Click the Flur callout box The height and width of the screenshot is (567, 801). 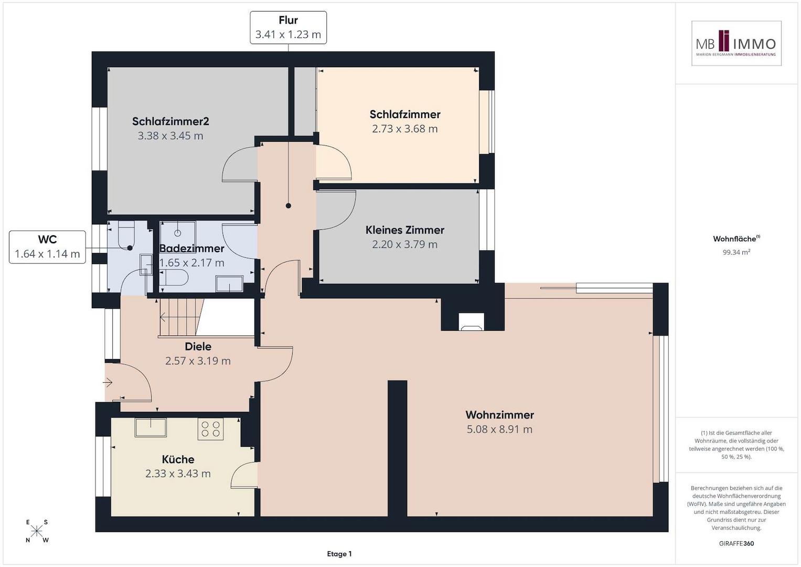coord(288,27)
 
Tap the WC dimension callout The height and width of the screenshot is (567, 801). coord(47,247)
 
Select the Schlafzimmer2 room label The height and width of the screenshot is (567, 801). coord(170,121)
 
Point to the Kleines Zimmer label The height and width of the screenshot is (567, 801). coord(405,230)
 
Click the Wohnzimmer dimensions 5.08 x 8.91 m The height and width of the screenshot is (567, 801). coord(499,429)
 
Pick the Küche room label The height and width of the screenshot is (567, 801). coord(178,459)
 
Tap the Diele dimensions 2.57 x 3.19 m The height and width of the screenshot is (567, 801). coord(198,361)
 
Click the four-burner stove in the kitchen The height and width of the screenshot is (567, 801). coord(211,429)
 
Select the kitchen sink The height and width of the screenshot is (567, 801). coord(151,427)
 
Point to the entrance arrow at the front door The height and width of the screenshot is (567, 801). coord(108,383)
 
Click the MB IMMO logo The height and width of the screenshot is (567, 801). coord(736,43)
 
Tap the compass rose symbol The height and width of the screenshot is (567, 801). coord(37,531)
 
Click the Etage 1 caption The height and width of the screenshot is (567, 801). coord(339,554)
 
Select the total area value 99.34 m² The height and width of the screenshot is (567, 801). coord(736,252)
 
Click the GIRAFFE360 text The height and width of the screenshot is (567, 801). coord(736,543)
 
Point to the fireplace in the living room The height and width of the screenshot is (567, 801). coord(471,321)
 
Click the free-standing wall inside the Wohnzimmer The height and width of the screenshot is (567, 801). coord(397,448)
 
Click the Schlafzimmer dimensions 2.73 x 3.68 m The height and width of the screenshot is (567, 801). coord(405,129)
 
